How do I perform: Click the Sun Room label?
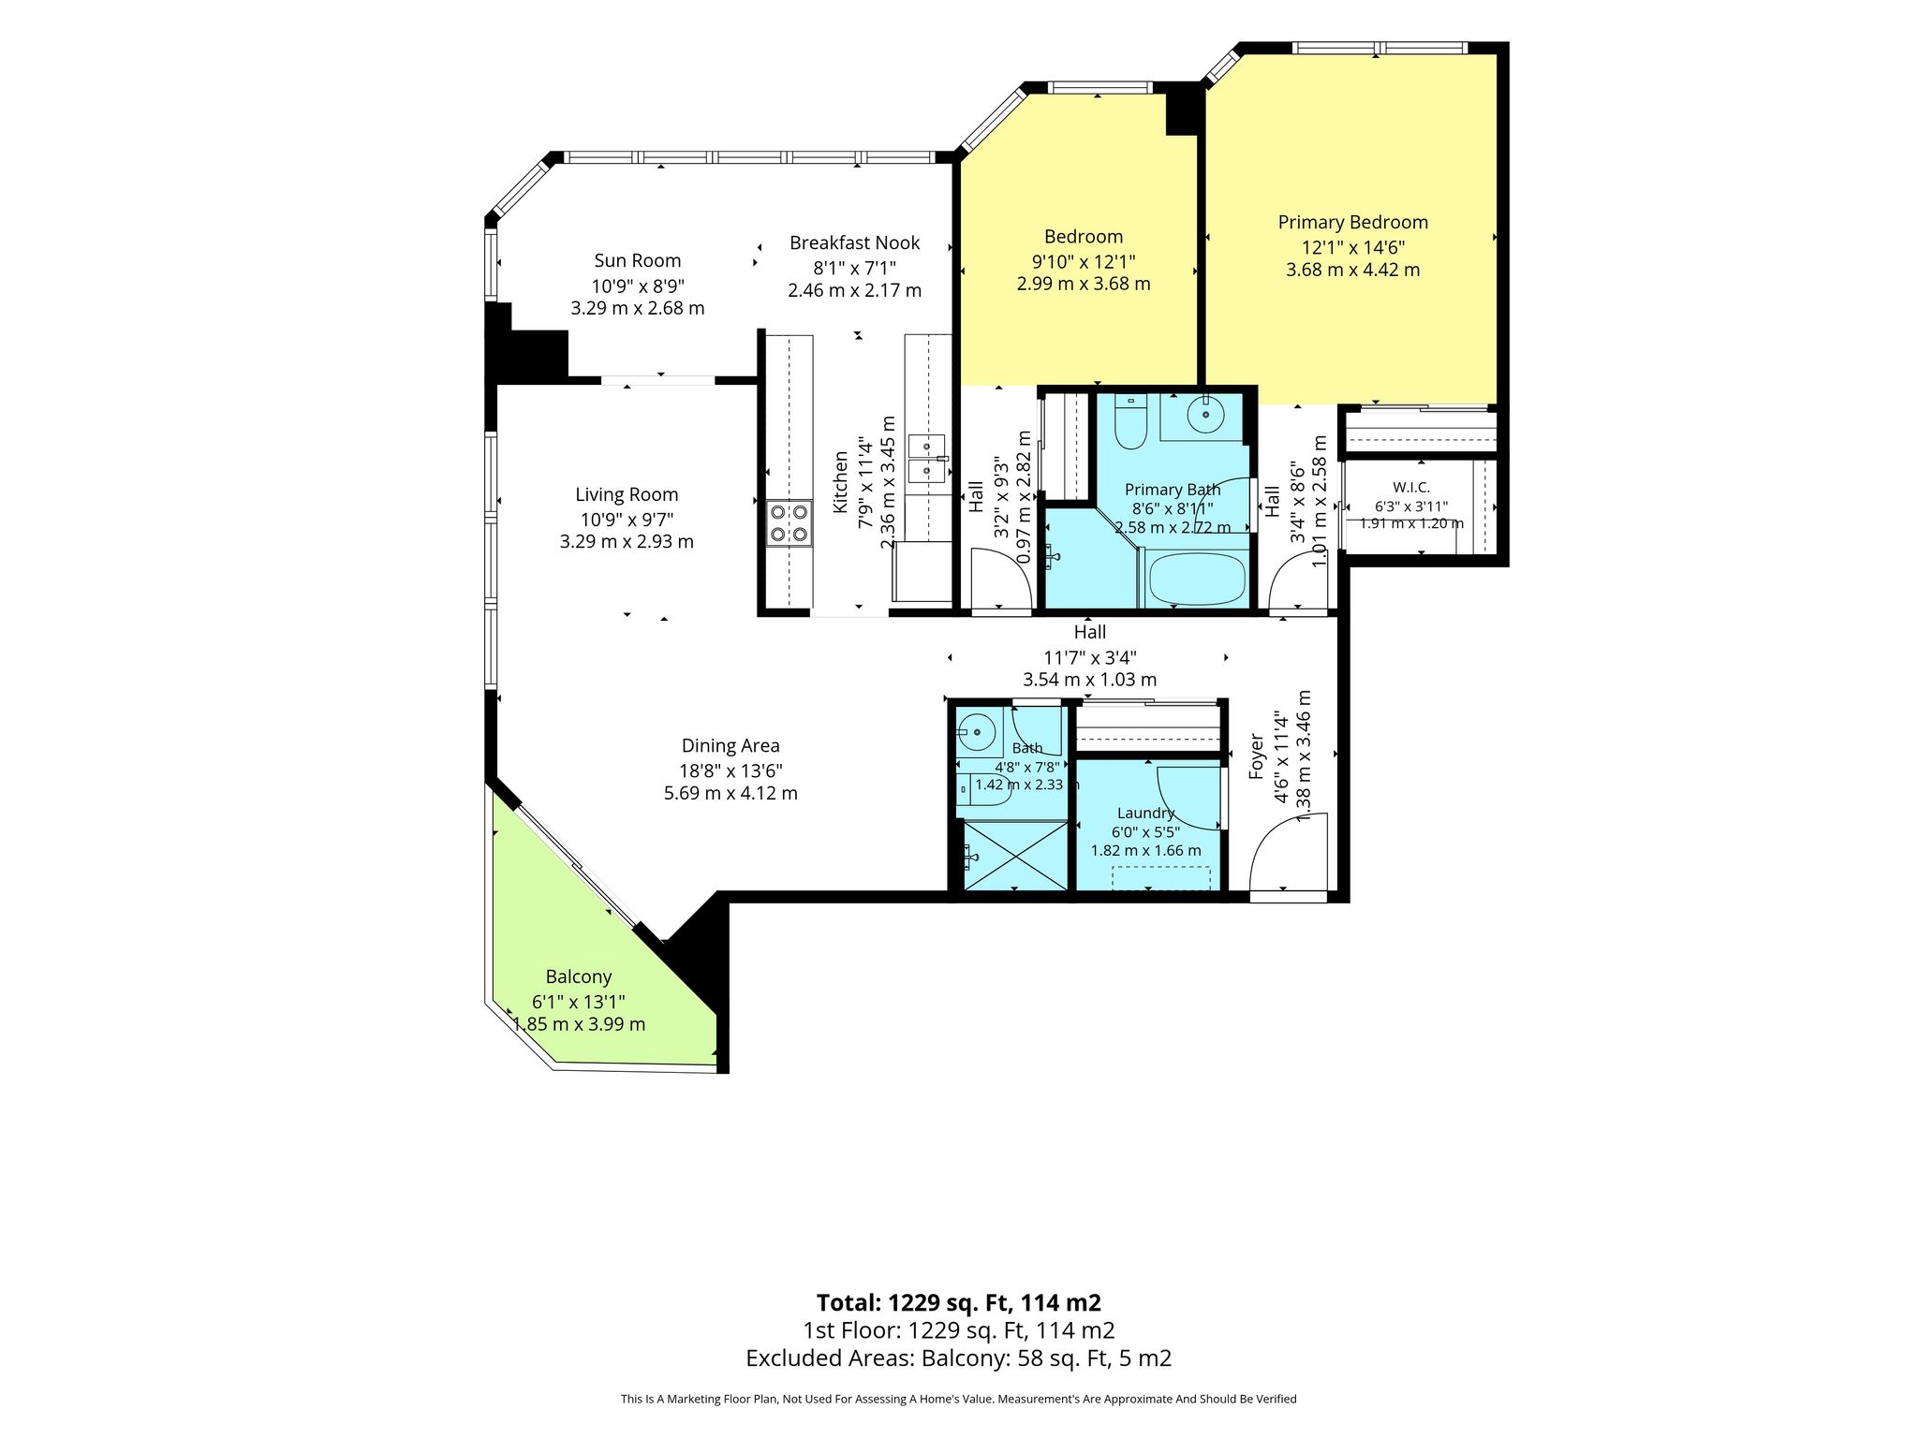637,260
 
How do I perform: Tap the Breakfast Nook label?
854,242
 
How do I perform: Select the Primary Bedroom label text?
1352,222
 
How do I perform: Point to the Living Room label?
627,494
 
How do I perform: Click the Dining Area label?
730,745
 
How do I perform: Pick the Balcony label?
579,976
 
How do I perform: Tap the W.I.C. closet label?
1411,487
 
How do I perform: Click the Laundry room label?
1145,813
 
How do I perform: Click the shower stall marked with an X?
1015,855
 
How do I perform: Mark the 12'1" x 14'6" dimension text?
1352,247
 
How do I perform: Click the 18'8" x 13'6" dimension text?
730,770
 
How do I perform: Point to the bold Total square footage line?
959,1302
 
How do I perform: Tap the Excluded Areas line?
959,1357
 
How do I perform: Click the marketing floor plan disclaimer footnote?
959,1399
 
